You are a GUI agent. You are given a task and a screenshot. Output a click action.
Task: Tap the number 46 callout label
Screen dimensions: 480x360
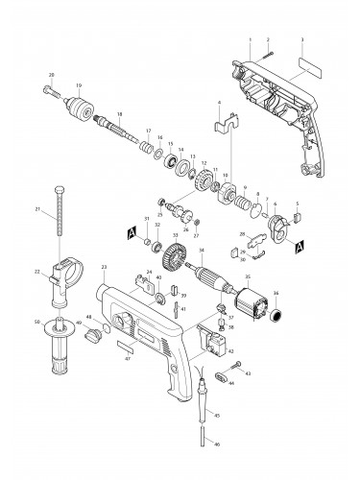217,444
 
